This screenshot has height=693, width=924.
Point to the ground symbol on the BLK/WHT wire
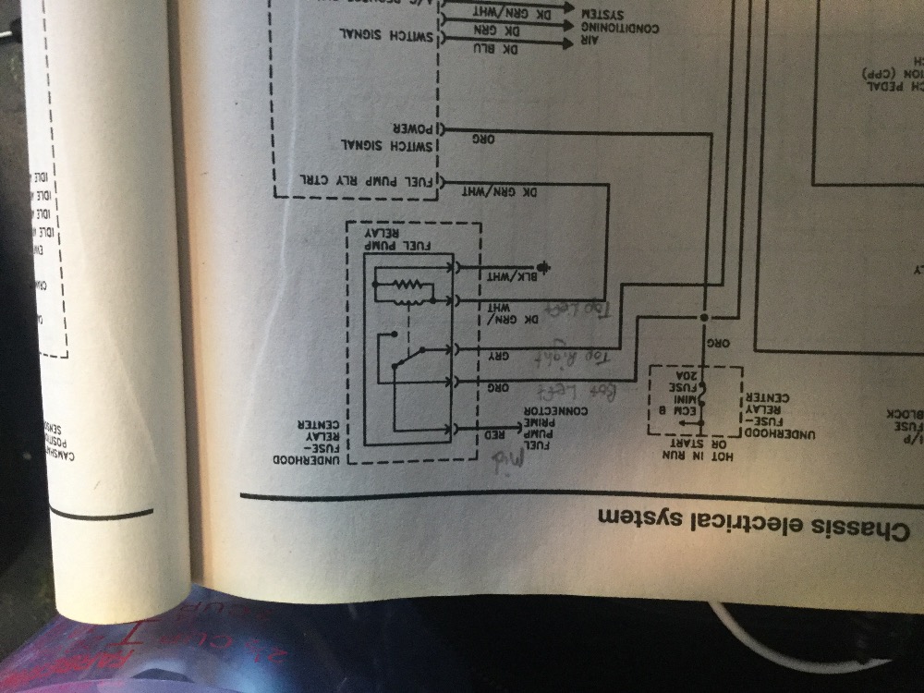[544, 269]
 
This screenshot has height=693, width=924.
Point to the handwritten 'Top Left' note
[581, 313]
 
